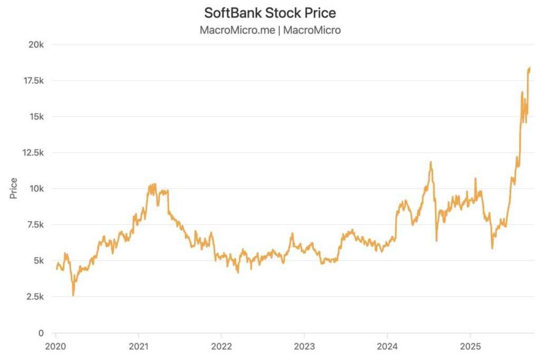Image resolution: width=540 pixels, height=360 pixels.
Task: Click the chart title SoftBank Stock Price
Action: pos(270,12)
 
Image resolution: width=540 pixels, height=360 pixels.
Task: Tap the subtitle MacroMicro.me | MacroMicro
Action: pos(270,30)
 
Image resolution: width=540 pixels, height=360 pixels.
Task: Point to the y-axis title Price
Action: pos(14,188)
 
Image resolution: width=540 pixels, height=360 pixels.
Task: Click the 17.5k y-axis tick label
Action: pos(31,81)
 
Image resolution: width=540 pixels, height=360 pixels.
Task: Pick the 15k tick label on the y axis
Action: pos(35,116)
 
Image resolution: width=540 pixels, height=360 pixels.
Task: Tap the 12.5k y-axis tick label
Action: pos(31,152)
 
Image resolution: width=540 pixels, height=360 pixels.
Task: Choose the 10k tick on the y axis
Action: pos(35,189)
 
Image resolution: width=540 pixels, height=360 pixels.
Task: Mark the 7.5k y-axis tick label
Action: pos(33,225)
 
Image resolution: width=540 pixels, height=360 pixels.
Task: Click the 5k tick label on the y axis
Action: pos(37,260)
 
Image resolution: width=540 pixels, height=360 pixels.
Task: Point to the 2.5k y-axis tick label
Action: pos(33,297)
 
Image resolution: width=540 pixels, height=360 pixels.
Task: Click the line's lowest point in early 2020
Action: pos(73,296)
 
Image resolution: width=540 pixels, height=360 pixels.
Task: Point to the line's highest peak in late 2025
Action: pos(529,67)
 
